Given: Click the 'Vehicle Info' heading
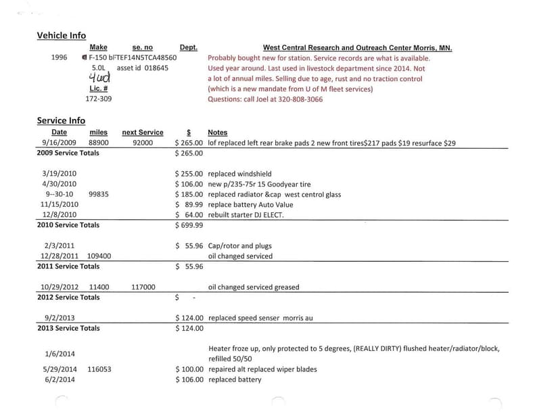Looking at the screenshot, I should point(61,35).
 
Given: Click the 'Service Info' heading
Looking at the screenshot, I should point(61,120).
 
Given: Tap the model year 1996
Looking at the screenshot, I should point(60,57).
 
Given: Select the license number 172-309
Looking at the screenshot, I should point(99,99).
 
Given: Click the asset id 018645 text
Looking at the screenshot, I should point(143,68).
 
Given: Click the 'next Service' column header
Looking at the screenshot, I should point(142,133).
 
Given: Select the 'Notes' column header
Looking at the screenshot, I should point(218,133).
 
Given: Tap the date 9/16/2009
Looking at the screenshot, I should point(59,143).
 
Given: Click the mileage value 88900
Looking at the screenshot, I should point(99,143).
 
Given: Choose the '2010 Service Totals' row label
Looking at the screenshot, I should point(68,225).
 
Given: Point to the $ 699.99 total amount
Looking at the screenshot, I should point(189,225).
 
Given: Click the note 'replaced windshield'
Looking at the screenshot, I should point(240,174).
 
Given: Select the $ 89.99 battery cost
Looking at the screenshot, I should point(189,204).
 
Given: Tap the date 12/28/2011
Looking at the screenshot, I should point(60,256).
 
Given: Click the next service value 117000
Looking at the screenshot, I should point(143,287).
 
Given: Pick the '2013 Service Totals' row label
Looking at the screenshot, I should point(68,328).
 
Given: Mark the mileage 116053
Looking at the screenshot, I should point(99,369).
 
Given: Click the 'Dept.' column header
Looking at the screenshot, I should point(189,47).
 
